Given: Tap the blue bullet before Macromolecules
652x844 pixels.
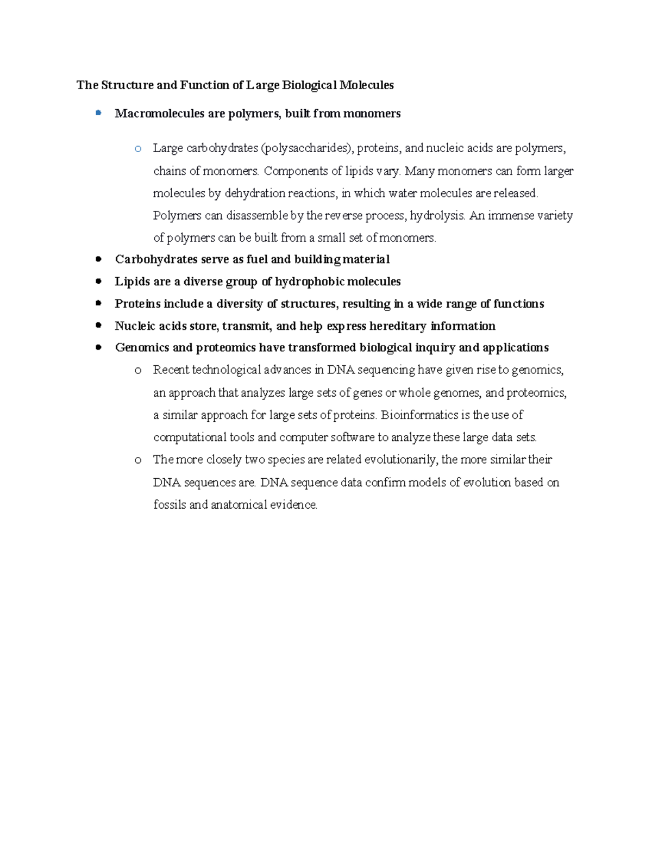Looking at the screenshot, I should (98, 113).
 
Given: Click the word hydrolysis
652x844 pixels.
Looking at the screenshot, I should (437, 216).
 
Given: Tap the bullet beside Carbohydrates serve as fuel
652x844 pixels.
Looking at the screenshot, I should (98, 259).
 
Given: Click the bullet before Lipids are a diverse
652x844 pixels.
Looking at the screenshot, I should (98, 282).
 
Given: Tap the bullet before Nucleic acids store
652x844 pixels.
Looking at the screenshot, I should (98, 326).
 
